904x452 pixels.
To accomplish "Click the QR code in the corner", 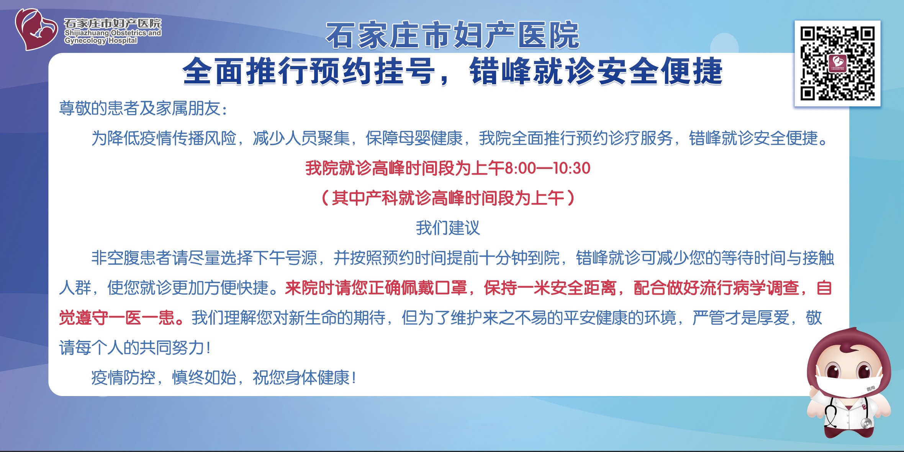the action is click(x=837, y=63).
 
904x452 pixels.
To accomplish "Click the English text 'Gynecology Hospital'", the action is click(x=101, y=41).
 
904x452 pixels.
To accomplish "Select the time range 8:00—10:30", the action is click(x=547, y=168).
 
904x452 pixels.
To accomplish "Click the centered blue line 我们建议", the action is click(x=448, y=228).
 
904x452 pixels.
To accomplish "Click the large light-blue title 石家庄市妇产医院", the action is click(x=452, y=35).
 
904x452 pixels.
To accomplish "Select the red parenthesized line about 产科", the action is click(x=448, y=198).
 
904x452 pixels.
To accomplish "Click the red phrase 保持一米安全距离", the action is click(x=550, y=288).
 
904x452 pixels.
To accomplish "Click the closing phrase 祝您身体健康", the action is click(x=305, y=378).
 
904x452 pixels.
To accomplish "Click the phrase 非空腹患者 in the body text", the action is click(x=131, y=258).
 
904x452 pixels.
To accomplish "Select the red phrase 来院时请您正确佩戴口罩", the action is click(x=376, y=288).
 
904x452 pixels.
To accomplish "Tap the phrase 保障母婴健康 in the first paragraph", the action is click(x=414, y=138).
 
